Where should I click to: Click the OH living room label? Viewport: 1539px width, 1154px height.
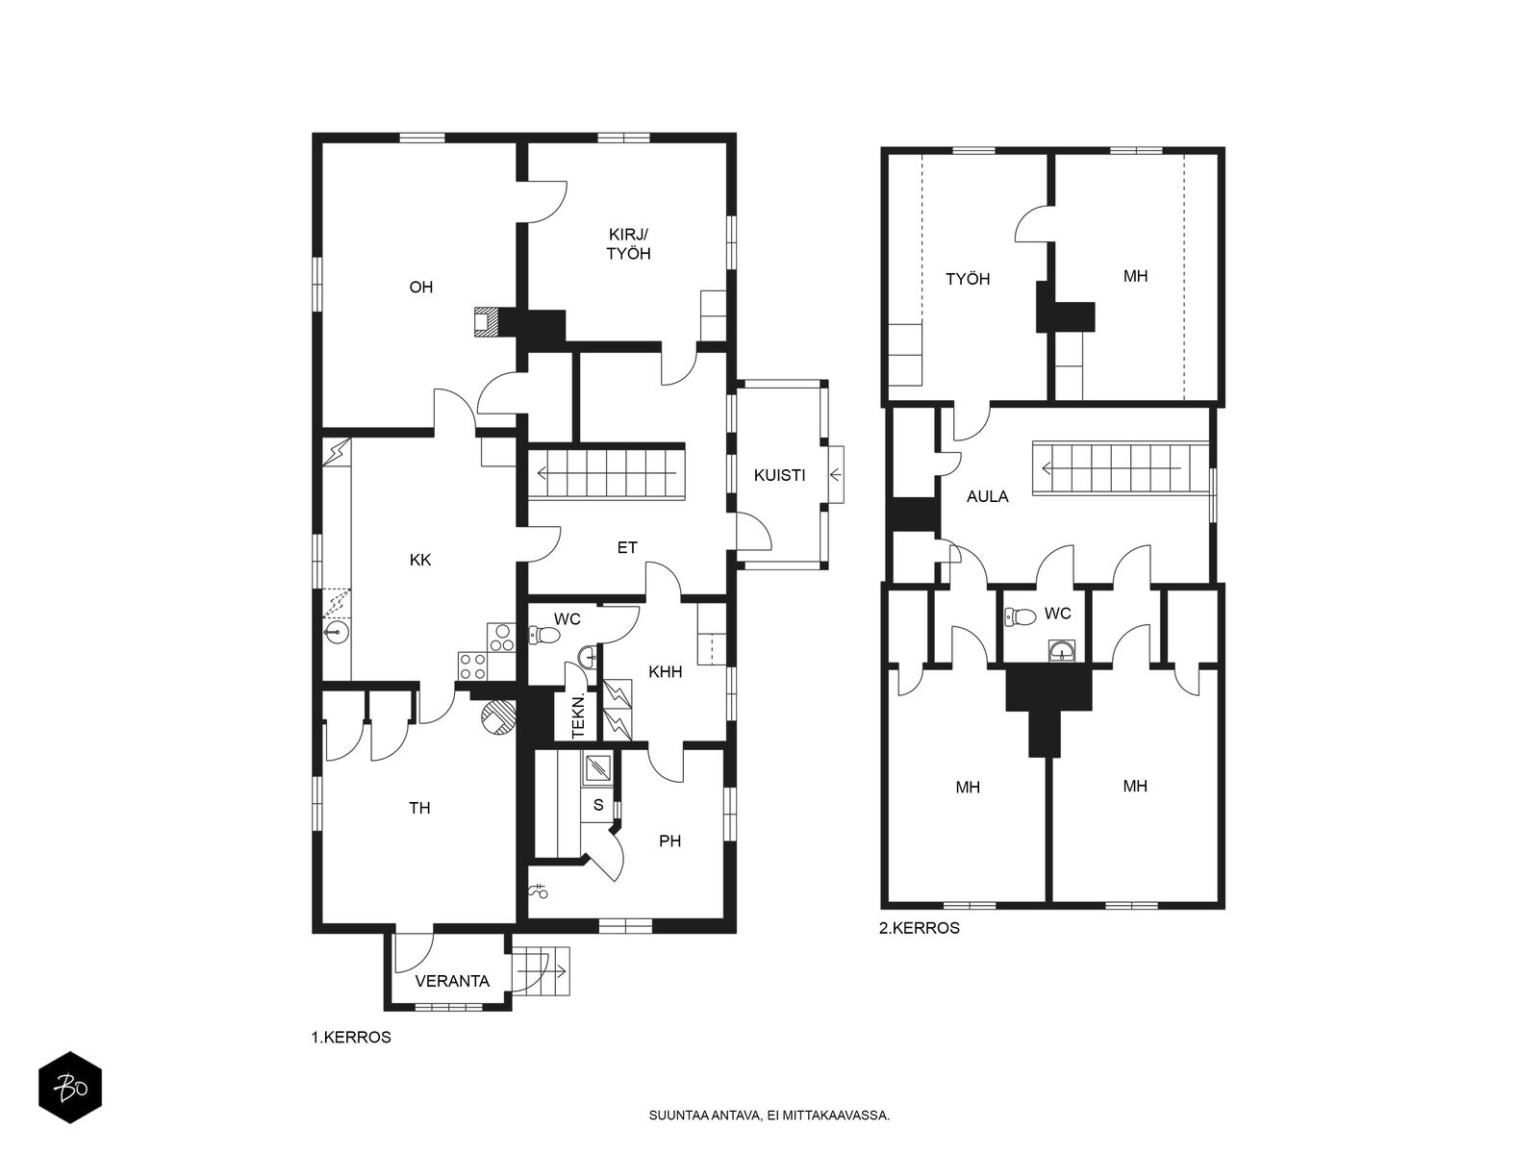click(x=420, y=288)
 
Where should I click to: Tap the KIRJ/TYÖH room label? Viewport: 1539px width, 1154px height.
click(x=628, y=244)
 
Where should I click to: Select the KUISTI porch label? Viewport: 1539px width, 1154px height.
click(x=779, y=476)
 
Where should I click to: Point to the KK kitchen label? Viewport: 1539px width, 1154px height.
click(x=420, y=560)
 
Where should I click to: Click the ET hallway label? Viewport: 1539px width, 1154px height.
click(x=627, y=548)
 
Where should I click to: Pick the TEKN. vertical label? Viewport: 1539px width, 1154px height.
click(x=578, y=716)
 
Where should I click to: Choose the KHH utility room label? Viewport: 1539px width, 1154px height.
click(x=665, y=672)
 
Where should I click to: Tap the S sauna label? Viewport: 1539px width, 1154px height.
click(x=598, y=805)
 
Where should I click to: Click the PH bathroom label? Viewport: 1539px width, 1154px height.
click(x=669, y=840)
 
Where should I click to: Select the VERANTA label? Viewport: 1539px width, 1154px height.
click(x=452, y=981)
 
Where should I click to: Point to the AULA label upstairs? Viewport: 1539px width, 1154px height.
click(x=987, y=497)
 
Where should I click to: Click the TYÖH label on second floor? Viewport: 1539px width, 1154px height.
click(x=968, y=279)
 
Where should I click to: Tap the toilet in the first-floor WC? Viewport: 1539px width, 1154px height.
click(x=544, y=636)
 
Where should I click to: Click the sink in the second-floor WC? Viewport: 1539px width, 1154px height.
click(x=1061, y=651)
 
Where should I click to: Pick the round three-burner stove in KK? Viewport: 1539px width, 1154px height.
click(x=500, y=639)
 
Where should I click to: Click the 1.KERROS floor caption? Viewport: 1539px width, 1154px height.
click(x=351, y=1037)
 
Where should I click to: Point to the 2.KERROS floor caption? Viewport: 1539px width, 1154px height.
click(x=920, y=928)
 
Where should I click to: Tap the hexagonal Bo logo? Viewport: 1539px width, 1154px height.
click(x=70, y=1088)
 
